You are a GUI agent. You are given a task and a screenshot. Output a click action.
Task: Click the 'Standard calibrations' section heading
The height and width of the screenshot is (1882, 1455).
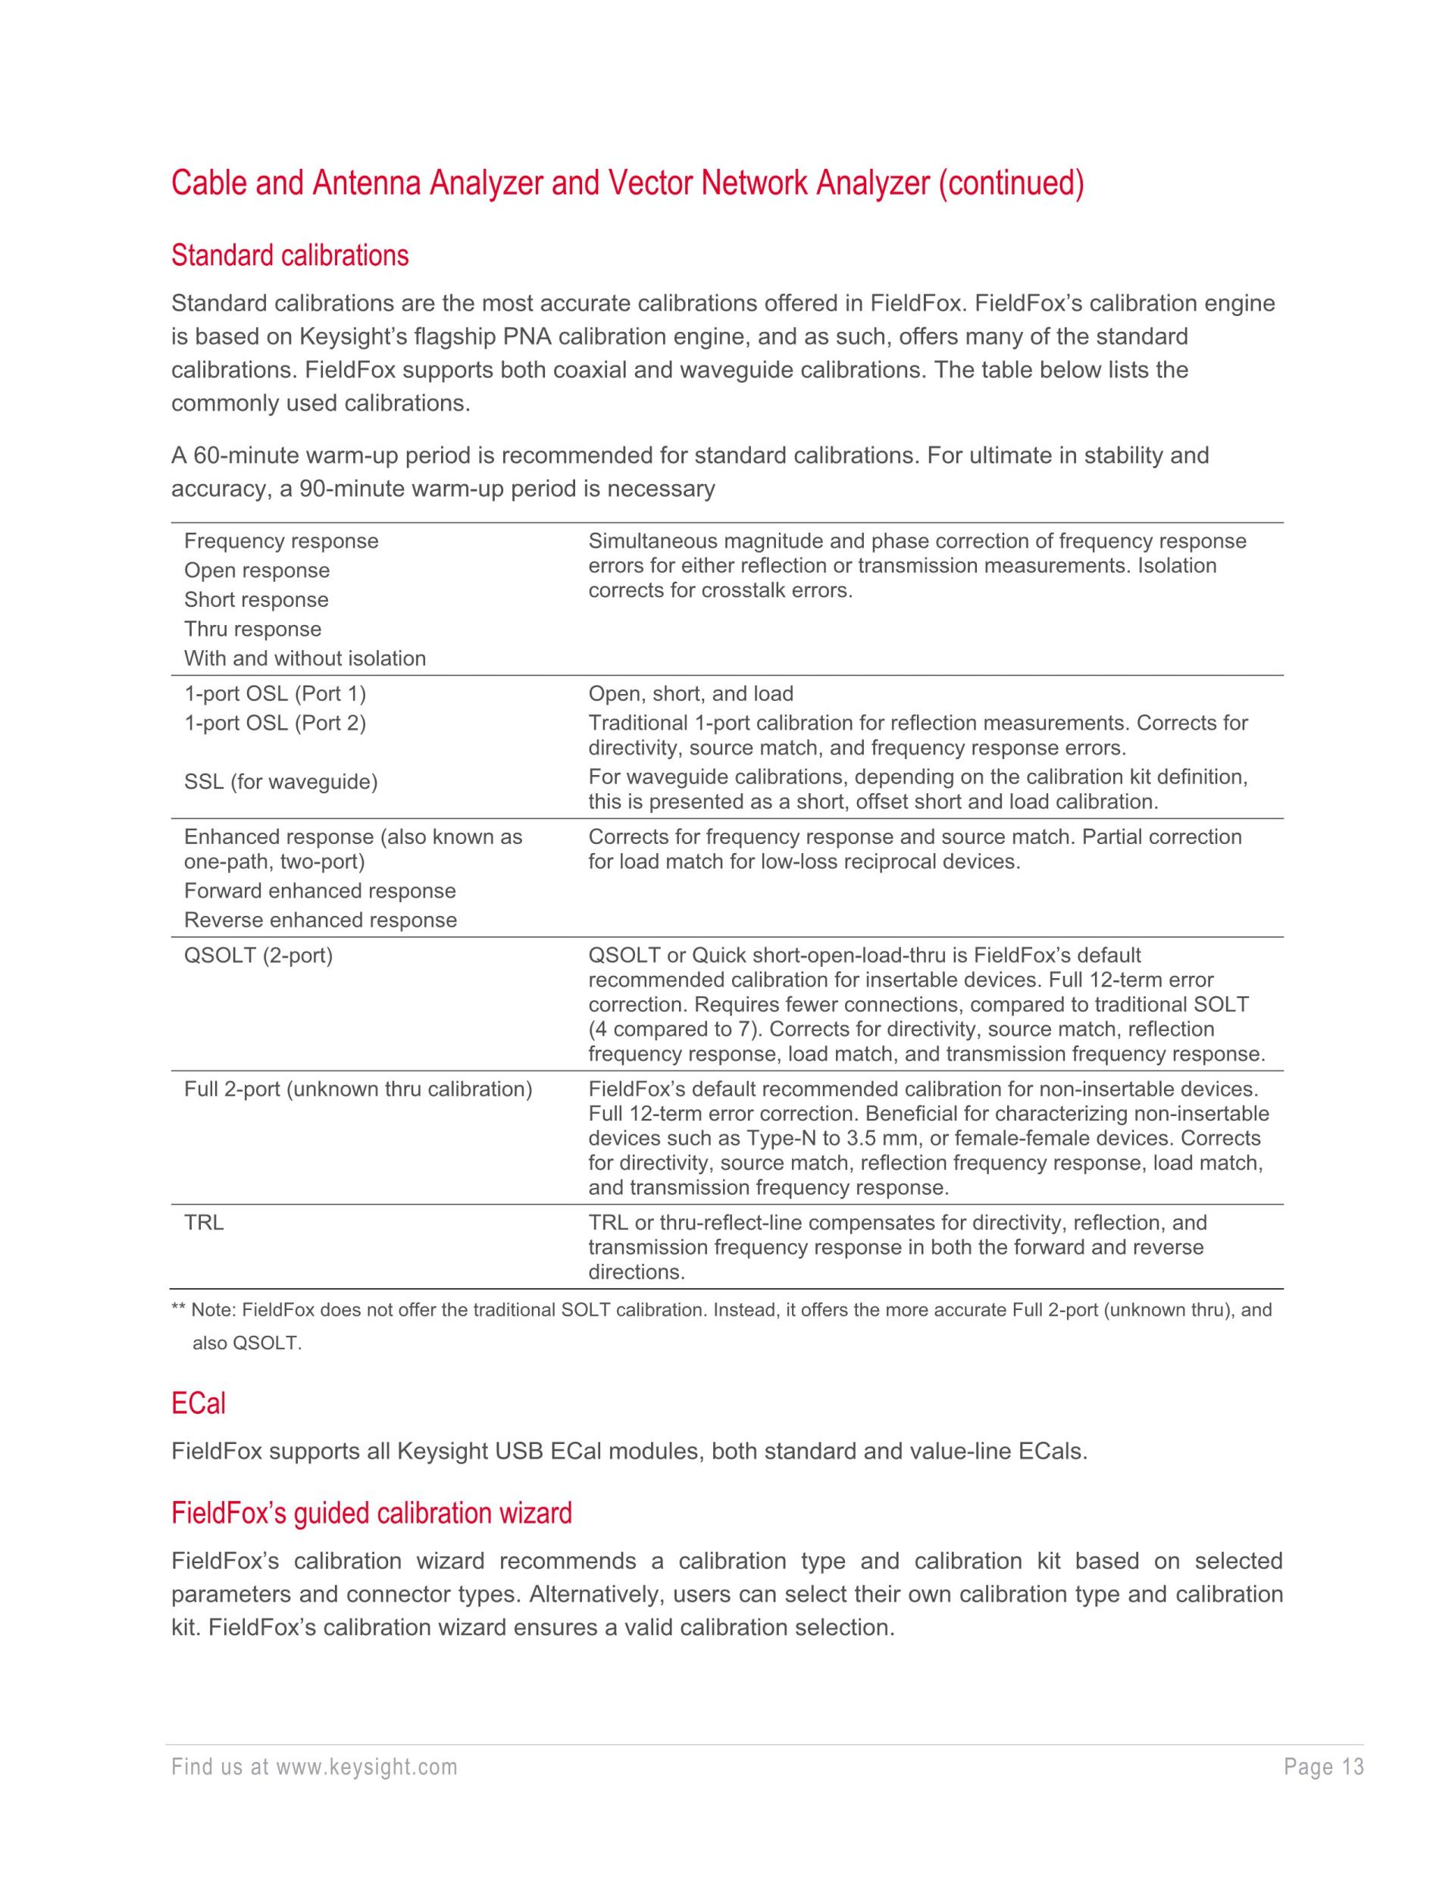pos(289,256)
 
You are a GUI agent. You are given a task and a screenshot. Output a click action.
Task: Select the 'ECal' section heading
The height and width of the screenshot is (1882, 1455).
pos(199,1404)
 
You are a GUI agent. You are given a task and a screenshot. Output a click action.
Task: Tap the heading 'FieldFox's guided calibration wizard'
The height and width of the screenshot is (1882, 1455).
pos(371,1513)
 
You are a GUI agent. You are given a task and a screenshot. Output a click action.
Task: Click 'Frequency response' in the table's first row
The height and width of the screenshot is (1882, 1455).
pos(281,541)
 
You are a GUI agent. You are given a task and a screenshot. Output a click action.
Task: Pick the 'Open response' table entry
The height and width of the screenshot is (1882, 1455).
pos(257,571)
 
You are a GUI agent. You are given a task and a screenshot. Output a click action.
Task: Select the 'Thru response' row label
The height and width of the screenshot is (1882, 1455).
pos(252,629)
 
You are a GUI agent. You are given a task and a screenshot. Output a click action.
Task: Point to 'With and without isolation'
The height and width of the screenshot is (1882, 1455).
pos(305,658)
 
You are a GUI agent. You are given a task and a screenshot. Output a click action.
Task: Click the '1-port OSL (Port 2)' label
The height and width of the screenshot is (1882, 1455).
pos(275,723)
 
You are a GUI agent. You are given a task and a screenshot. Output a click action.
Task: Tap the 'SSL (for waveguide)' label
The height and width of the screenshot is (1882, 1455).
pos(281,782)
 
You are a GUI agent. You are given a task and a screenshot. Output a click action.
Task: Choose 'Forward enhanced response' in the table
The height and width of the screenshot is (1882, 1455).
pos(320,891)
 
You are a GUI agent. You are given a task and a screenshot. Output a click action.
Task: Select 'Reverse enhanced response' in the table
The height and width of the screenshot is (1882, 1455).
pos(321,921)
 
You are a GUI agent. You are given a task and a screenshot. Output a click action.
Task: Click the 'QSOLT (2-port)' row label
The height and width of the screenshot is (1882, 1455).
pos(258,955)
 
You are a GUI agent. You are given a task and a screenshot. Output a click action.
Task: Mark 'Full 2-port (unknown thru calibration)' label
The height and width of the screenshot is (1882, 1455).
pos(358,1089)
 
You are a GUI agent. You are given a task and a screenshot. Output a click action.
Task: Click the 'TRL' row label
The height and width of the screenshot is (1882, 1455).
pos(205,1223)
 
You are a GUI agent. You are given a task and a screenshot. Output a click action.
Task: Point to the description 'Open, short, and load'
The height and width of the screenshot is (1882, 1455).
pos(690,694)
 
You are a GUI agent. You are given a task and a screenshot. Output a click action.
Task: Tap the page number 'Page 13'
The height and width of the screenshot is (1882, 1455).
pos(1324,1768)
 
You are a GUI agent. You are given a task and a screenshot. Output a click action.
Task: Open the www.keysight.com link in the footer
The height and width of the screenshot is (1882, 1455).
pos(366,1768)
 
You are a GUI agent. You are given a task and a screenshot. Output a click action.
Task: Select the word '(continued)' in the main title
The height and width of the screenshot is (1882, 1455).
pos(1011,183)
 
